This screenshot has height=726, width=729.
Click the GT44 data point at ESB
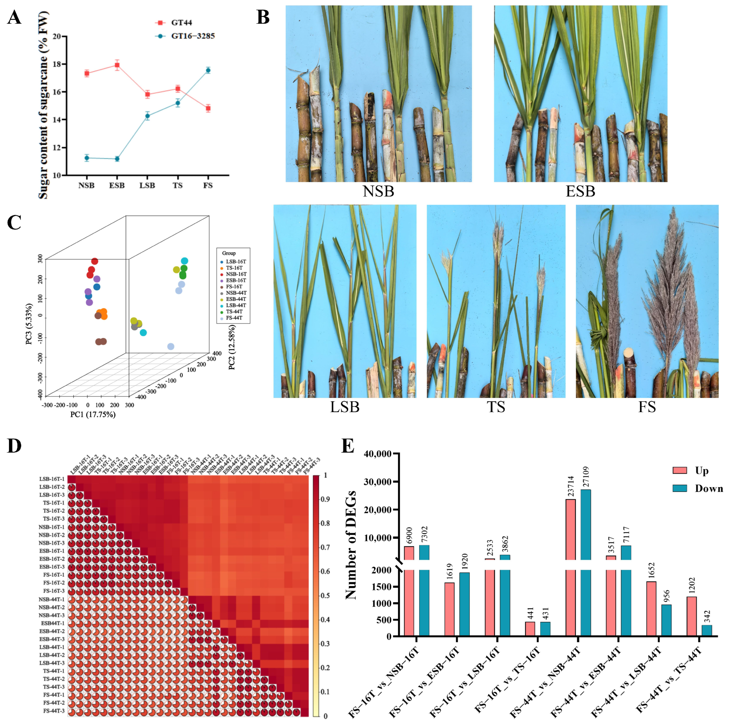(x=117, y=65)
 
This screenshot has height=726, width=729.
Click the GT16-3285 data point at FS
(x=208, y=70)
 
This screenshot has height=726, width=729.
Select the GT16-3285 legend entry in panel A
(x=193, y=36)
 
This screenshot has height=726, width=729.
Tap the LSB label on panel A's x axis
(x=147, y=186)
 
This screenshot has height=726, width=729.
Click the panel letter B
(x=263, y=17)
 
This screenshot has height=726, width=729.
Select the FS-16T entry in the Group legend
(x=234, y=286)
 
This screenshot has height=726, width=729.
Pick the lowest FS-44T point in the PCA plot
(x=171, y=346)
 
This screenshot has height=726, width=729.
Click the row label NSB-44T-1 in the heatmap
(x=52, y=599)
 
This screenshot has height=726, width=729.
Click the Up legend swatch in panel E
(x=680, y=470)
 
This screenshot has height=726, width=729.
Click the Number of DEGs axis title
(x=351, y=545)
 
